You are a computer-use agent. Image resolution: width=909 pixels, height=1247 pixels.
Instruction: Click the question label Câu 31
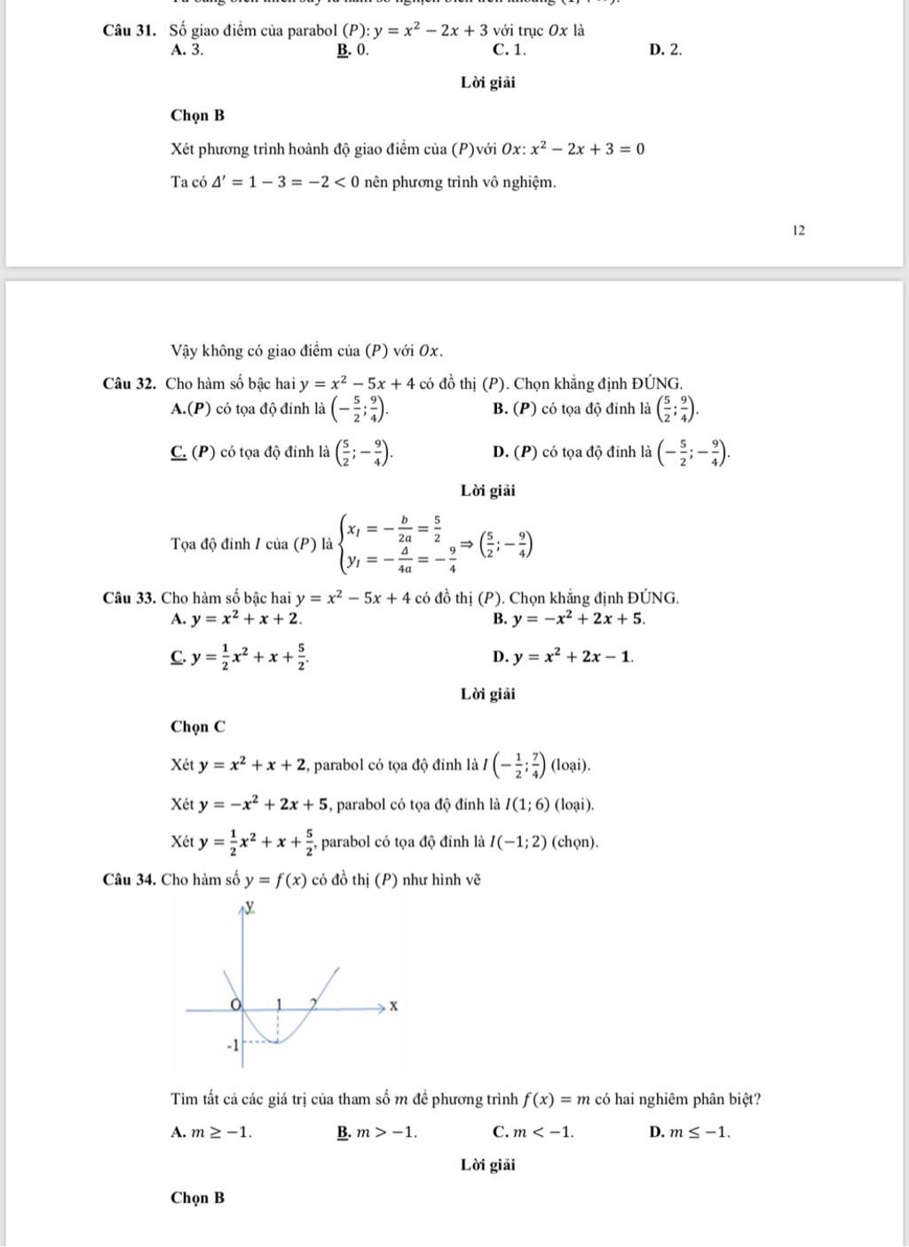tap(130, 30)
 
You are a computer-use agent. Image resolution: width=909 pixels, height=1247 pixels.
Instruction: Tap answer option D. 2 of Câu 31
tap(666, 51)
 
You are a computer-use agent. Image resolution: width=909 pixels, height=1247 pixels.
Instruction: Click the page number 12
tap(798, 231)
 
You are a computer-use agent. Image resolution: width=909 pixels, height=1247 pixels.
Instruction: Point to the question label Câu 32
tap(130, 384)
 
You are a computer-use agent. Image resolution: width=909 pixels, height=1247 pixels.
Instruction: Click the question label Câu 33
tap(130, 598)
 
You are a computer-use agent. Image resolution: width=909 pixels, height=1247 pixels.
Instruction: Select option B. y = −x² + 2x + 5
tap(569, 619)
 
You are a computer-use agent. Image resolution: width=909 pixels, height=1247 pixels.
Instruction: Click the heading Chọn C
tap(198, 727)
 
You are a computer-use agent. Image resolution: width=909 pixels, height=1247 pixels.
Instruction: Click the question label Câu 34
tap(130, 880)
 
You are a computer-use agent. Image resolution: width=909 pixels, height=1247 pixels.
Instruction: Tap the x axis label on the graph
tap(394, 1006)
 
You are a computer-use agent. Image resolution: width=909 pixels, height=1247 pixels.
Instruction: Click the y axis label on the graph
tap(251, 905)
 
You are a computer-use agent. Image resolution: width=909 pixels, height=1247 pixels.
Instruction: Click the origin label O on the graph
tap(235, 1004)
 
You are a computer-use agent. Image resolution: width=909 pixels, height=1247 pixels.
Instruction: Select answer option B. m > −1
tap(376, 1133)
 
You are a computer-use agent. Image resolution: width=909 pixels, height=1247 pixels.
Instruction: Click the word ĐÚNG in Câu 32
tap(657, 384)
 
